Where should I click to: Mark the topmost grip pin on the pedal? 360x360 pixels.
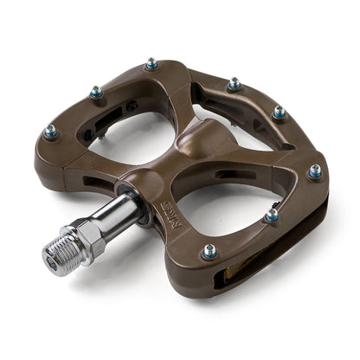coord(151,63)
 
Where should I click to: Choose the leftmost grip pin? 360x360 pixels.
coord(50,132)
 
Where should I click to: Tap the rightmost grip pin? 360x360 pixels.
coord(315,171)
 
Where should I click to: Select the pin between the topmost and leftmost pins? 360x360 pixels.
coord(96,92)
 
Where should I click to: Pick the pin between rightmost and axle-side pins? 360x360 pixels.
coord(273,215)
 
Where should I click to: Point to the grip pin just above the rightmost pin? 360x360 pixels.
coord(279,112)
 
